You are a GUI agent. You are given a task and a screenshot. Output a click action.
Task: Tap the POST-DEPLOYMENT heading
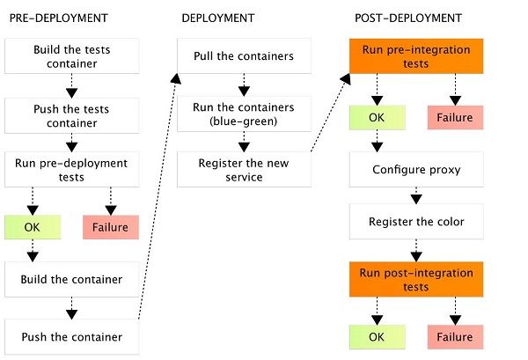coord(396,18)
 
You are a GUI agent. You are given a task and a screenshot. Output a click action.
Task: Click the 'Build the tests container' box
coord(71,55)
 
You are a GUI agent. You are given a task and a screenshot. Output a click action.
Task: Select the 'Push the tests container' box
coord(71,113)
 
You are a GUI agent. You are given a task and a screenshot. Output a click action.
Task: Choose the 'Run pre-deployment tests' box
coord(71,169)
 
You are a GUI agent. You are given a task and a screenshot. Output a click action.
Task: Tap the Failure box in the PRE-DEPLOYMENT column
coord(110,227)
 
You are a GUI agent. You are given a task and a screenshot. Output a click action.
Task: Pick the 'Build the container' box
coord(71,280)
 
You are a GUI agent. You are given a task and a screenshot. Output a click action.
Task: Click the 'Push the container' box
coord(71,336)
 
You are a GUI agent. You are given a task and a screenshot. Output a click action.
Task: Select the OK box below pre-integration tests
coord(377,117)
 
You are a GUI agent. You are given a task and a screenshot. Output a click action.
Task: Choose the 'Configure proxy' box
coord(406,169)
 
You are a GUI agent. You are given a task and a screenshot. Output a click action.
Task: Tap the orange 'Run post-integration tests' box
coord(406,280)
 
